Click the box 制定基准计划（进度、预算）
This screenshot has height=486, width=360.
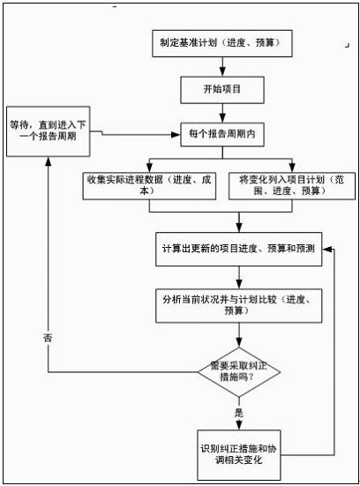222,43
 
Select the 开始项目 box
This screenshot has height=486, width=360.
222,90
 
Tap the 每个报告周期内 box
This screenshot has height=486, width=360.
222,135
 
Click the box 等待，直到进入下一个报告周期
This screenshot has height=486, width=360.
49,131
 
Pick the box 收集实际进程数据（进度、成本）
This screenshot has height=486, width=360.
149,185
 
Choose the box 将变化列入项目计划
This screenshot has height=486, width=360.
292,185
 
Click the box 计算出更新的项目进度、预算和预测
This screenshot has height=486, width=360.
239,250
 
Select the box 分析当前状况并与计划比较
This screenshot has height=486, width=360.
239,306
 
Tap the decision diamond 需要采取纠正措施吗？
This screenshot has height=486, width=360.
239,372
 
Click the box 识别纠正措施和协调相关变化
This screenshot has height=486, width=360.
239,455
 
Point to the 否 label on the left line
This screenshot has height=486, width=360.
48,338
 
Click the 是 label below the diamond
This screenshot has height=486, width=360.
239,413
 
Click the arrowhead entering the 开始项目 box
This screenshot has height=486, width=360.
222,72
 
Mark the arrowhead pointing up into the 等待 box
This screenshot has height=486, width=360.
48,161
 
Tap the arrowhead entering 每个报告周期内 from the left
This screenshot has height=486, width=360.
176,135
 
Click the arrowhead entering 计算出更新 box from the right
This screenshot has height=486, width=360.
326,250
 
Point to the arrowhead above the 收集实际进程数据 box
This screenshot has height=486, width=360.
149,168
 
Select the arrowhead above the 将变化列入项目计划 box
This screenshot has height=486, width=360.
292,168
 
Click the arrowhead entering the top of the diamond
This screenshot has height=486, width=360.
239,342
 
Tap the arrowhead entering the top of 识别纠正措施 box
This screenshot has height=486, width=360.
239,425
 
